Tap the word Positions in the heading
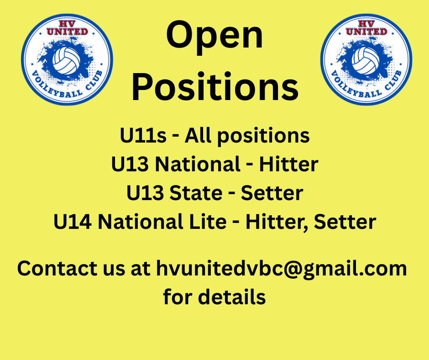click(x=215, y=86)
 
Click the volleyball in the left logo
click(x=67, y=61)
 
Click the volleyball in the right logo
click(x=366, y=61)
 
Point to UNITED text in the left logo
click(x=67, y=32)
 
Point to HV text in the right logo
click(x=366, y=24)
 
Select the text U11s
click(x=143, y=135)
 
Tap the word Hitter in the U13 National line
click(x=288, y=164)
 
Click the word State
click(x=196, y=193)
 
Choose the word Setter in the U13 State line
click(x=272, y=193)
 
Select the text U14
click(x=73, y=222)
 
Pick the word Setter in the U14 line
click(x=345, y=222)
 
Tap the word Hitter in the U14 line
click(x=275, y=222)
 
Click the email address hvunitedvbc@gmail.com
click(x=282, y=269)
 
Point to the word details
click(x=232, y=296)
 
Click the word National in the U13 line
click(x=198, y=164)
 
